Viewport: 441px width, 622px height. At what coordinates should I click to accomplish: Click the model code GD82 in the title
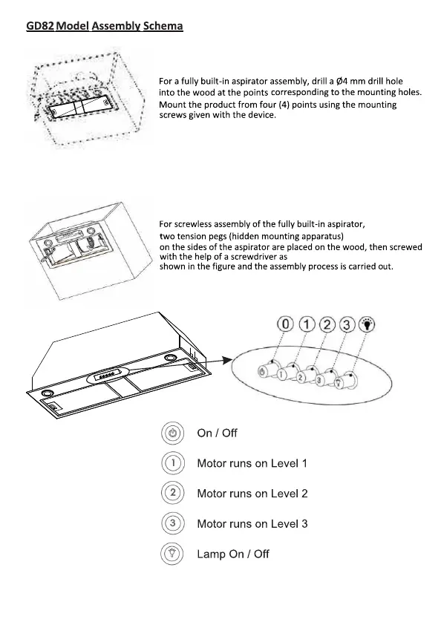40,26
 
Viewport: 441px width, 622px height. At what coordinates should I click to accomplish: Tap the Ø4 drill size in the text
342,82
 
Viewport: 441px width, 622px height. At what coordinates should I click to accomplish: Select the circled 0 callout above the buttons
285,324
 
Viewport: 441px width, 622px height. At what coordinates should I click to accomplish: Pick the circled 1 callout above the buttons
307,324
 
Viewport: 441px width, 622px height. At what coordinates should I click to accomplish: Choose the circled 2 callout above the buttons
327,325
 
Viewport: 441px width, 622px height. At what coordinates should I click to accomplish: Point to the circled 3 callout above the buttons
347,325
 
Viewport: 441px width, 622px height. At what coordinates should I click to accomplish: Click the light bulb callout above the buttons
367,324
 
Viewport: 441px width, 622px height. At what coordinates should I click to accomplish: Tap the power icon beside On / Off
173,433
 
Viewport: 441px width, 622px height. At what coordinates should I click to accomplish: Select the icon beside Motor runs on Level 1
173,463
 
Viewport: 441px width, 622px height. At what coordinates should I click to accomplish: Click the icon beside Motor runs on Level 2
173,493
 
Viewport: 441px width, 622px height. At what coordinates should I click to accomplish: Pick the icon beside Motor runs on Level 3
173,523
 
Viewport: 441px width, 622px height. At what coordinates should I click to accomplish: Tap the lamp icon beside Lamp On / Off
172,554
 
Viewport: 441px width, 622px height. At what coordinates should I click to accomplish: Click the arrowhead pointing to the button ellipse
227,360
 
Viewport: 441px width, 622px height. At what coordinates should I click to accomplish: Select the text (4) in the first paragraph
284,105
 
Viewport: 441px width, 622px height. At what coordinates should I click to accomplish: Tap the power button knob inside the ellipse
267,370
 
